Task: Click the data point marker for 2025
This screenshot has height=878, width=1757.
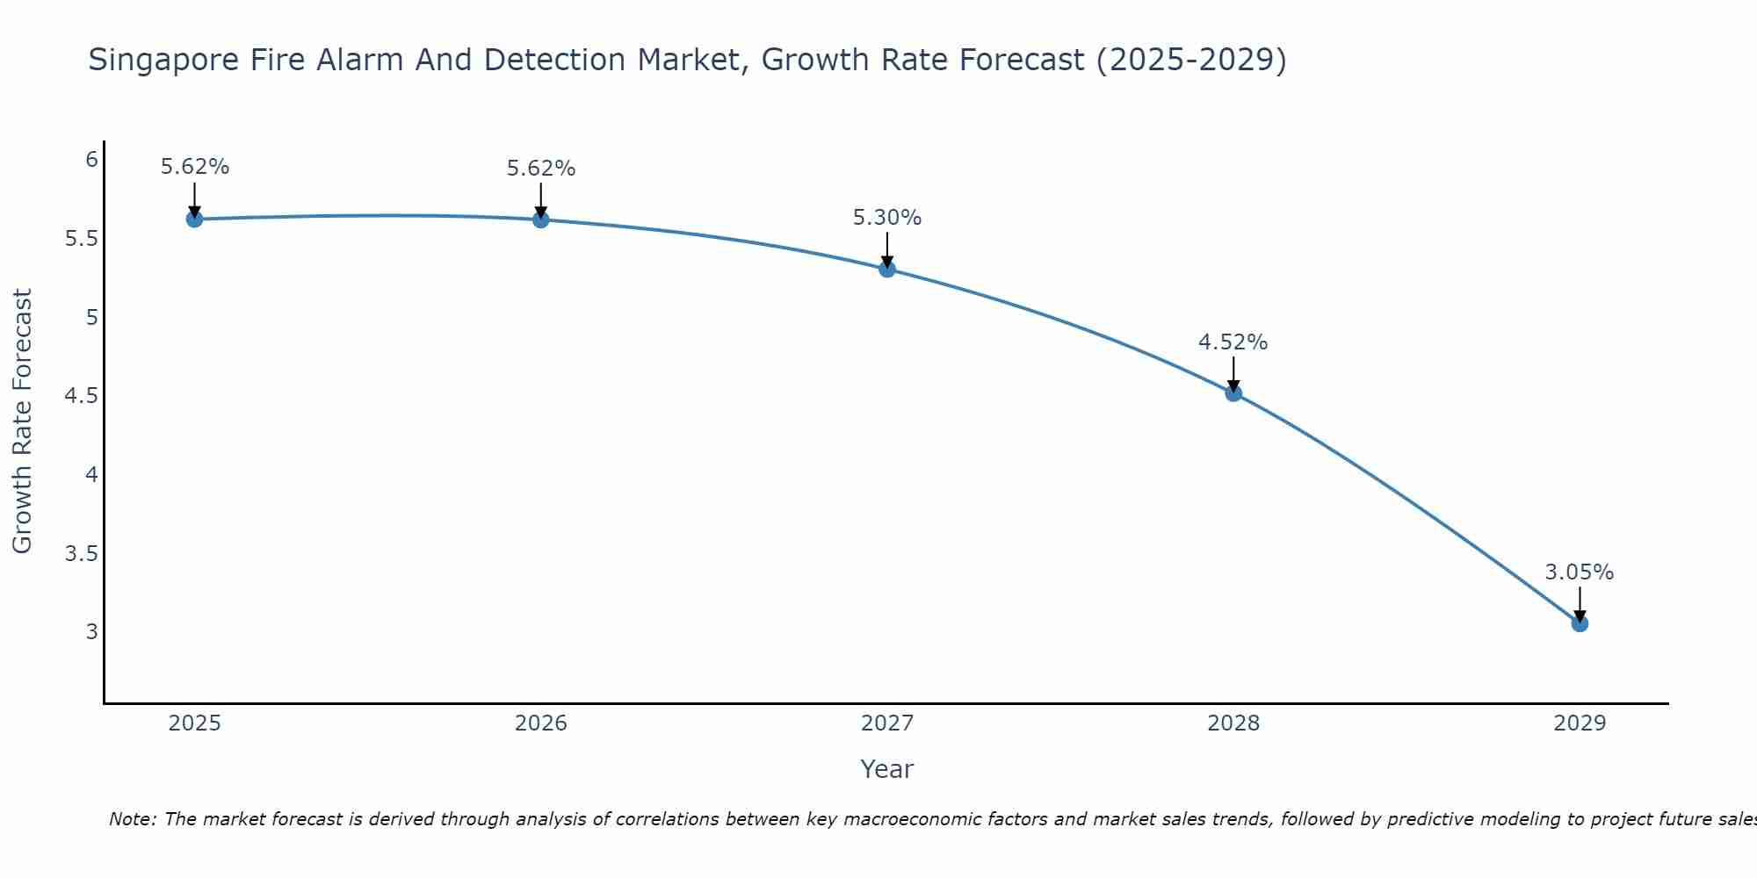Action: tap(195, 219)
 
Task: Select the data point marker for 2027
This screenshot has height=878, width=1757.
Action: tap(887, 269)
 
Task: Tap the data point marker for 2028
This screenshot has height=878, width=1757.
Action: tap(1233, 392)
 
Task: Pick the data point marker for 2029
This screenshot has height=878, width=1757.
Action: tap(1580, 623)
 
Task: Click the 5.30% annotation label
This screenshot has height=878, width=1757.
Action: tap(887, 218)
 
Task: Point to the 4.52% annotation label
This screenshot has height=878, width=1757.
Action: tap(1233, 342)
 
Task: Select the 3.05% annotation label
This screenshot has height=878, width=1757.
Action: tap(1580, 572)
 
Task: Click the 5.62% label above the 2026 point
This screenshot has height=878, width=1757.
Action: tap(541, 169)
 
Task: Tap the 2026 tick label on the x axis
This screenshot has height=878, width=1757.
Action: tap(541, 723)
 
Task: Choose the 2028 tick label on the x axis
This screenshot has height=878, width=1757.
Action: tap(1233, 723)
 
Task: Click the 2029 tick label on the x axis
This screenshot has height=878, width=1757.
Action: tap(1580, 723)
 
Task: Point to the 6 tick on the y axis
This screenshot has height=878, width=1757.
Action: tap(91, 160)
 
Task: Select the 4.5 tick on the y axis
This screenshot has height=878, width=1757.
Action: tap(81, 396)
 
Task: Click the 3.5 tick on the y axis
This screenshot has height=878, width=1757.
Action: tap(81, 553)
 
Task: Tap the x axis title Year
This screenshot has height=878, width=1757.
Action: tap(887, 769)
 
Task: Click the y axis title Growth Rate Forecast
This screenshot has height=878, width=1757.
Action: tap(23, 421)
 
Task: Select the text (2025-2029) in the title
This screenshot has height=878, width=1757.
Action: tap(1191, 61)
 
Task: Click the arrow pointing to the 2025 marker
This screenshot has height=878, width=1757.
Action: tap(195, 198)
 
